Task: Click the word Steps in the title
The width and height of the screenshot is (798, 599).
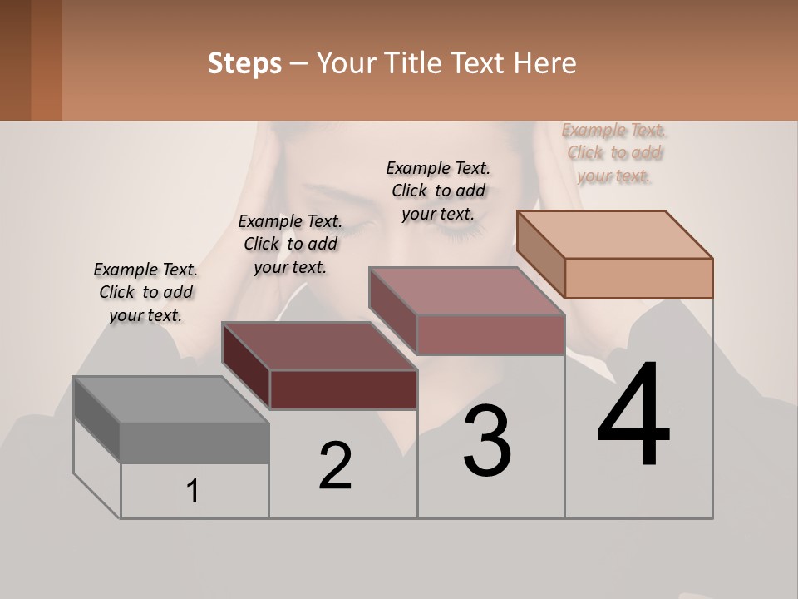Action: [x=244, y=63]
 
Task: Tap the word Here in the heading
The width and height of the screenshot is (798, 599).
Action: [x=544, y=63]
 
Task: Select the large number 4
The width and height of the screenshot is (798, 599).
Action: [x=633, y=416]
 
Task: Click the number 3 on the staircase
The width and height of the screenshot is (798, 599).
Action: [x=487, y=441]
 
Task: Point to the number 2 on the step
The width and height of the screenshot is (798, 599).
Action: [x=336, y=466]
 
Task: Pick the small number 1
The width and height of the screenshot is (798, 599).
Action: [x=193, y=491]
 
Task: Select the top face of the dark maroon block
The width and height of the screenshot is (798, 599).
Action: [x=319, y=345]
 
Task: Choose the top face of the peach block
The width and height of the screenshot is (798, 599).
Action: [x=615, y=235]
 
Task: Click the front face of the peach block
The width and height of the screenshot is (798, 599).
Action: [x=638, y=278]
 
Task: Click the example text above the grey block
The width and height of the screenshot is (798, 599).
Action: [x=145, y=292]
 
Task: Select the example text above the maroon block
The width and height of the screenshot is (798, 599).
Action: [x=290, y=244]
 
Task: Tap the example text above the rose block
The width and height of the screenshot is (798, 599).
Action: [x=438, y=191]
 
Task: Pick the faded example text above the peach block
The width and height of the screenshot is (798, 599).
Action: [x=614, y=152]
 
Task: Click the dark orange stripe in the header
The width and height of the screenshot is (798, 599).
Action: [x=47, y=60]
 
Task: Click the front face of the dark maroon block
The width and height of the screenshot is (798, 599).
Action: [x=343, y=389]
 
